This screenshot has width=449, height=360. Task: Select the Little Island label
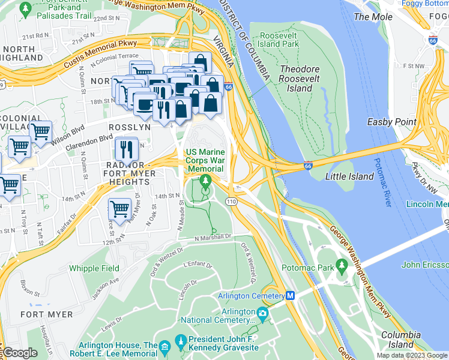pyautogui.click(x=349, y=176)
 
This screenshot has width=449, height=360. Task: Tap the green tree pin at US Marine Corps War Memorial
pyautogui.click(x=206, y=181)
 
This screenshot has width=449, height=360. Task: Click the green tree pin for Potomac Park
pyautogui.click(x=342, y=265)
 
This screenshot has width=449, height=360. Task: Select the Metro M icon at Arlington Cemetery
pyautogui.click(x=291, y=296)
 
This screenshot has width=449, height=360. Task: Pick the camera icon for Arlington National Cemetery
pyautogui.click(x=262, y=313)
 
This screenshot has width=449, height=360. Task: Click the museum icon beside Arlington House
pyautogui.click(x=165, y=347)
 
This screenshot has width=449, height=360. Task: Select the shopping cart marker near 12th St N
pyautogui.click(x=119, y=209)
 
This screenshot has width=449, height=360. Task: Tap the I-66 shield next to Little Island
pyautogui.click(x=307, y=166)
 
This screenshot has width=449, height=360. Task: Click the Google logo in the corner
pyautogui.click(x=19, y=353)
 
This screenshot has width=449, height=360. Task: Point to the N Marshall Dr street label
pyautogui.click(x=212, y=238)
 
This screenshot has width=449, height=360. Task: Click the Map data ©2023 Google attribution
pyautogui.click(x=411, y=355)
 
